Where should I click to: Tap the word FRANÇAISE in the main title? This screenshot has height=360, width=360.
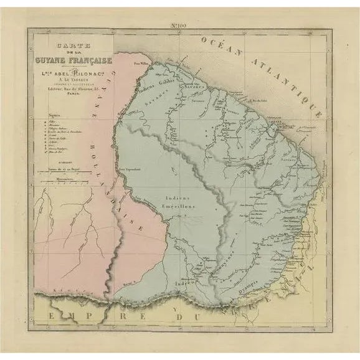point(90,60)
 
